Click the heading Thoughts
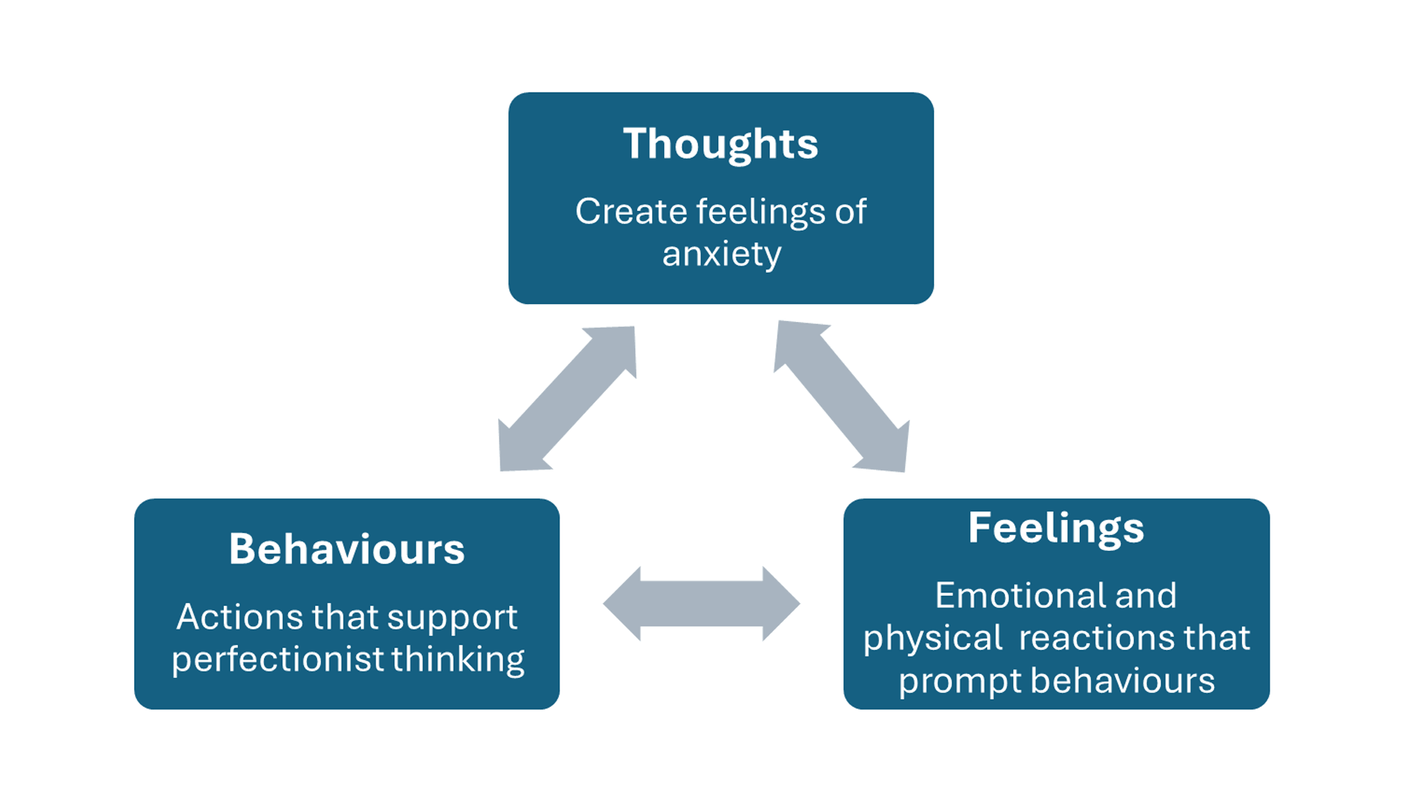[720, 144]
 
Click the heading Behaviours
[346, 550]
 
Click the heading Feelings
[1056, 528]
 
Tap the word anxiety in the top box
[721, 254]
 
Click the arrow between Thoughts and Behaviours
[567, 399]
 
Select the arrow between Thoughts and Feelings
[842, 397]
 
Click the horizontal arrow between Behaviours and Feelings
[701, 604]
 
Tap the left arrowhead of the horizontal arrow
[623, 604]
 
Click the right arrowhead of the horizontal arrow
[781, 604]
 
